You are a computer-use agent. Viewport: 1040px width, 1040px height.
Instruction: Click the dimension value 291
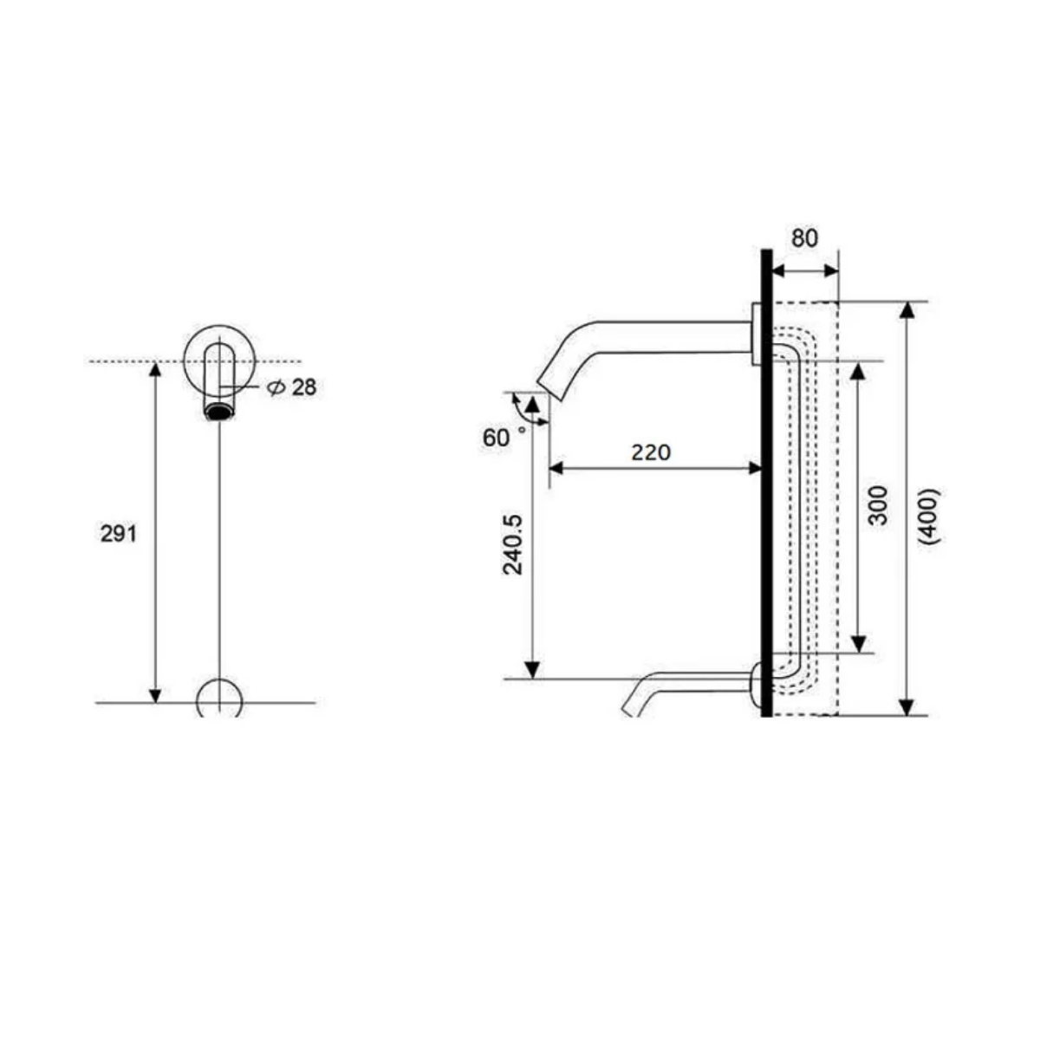coord(119,534)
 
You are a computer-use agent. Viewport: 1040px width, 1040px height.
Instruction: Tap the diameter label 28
coord(303,387)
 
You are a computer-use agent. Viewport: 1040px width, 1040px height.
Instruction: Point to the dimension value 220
coord(651,452)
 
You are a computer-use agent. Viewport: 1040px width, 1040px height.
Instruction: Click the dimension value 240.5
coord(512,543)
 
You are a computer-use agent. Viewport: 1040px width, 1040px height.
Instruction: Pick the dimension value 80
coord(804,238)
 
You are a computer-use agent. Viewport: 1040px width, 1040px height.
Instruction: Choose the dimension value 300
coord(879,504)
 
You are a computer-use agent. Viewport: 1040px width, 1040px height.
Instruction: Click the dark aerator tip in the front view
coord(220,411)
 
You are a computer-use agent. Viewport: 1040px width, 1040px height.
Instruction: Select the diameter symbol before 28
coord(276,388)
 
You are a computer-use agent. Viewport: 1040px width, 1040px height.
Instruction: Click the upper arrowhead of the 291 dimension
coord(156,371)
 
